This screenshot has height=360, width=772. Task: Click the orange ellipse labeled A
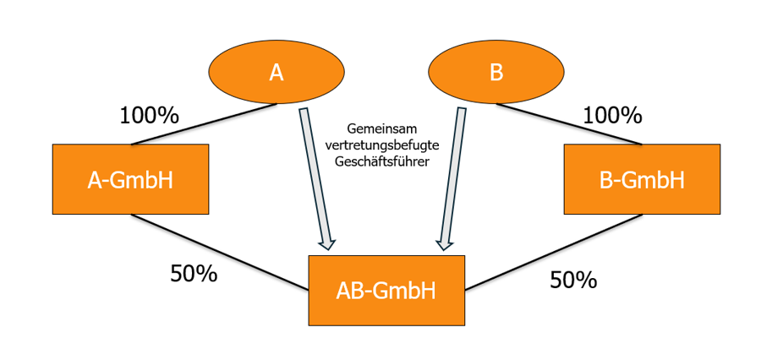tap(276, 73)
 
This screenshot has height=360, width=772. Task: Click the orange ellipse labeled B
tap(496, 73)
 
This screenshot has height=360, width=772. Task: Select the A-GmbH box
tap(130, 179)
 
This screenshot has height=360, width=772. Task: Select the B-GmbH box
tap(642, 179)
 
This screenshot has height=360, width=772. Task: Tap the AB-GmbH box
tap(386, 291)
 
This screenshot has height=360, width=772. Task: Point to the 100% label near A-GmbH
tap(151, 116)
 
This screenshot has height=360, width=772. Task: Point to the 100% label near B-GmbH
tap(613, 116)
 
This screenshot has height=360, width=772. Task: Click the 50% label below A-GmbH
tap(194, 274)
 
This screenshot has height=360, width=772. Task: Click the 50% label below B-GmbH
tap(573, 280)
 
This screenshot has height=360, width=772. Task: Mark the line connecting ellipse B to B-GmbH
tap(568, 124)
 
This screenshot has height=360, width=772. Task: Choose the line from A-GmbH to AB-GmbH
tap(220, 252)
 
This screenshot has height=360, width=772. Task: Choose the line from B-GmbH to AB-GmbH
tap(553, 252)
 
